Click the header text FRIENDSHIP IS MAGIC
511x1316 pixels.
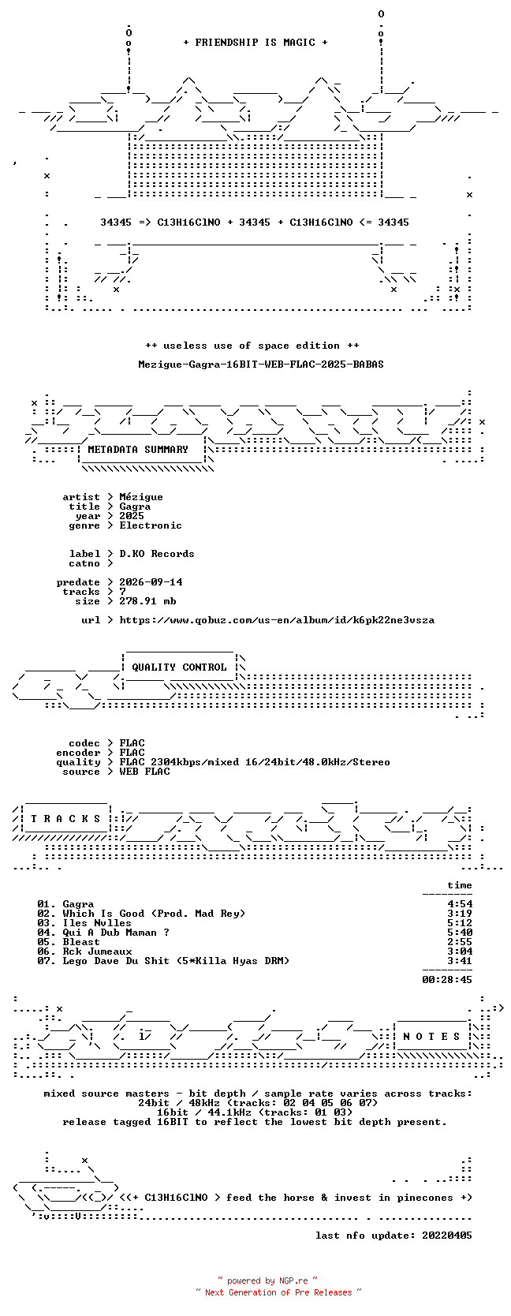255,43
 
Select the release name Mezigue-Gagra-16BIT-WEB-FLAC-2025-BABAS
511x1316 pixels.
261,365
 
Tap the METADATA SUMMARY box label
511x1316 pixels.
138,450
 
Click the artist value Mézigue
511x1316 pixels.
141,497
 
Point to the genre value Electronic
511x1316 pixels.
151,525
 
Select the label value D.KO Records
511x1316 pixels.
157,553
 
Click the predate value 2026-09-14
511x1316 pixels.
151,581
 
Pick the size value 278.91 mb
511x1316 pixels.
147,601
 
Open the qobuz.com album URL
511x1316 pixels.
277,620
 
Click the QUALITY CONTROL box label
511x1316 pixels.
179,667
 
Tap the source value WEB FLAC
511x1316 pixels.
144,772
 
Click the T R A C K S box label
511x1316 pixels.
65,819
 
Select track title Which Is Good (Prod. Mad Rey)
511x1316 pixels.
154,914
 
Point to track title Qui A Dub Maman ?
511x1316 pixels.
116,933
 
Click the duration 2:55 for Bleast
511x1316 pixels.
460,942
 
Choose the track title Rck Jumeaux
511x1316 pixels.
97,951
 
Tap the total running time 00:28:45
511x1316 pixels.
447,979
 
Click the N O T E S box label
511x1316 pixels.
431,1037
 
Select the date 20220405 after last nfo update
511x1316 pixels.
447,1235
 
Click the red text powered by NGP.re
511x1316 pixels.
267,1280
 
